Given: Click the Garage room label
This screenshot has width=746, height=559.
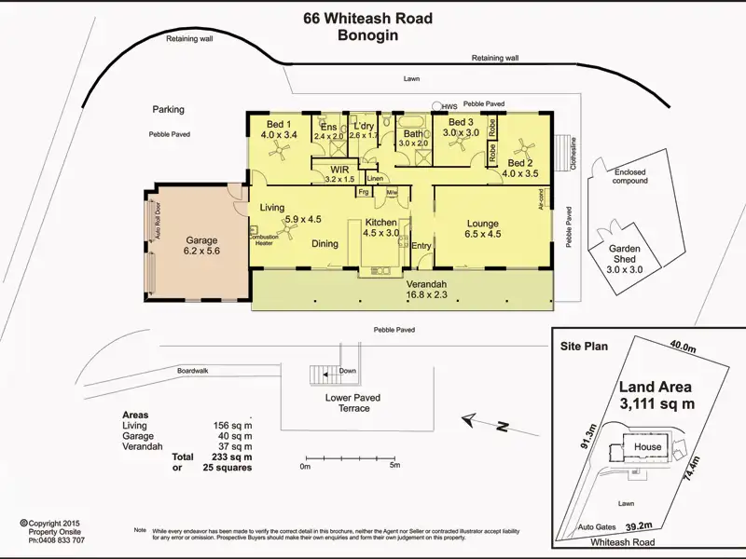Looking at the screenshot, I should [x=201, y=239].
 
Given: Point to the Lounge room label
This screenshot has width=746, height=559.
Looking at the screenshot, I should [x=482, y=224].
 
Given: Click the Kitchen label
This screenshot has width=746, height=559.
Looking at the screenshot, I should [x=381, y=223].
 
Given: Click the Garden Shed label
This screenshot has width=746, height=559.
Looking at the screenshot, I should [x=625, y=250].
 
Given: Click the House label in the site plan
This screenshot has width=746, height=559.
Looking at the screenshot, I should [x=647, y=446].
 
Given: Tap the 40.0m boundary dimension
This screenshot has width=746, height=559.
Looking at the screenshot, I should [x=684, y=348].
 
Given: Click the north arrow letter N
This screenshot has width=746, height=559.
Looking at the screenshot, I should [x=502, y=428].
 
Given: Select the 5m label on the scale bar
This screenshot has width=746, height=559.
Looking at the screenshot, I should [x=394, y=466].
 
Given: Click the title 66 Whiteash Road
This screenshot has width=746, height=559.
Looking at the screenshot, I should [x=367, y=19].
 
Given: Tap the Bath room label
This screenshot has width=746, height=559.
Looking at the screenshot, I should [x=413, y=133].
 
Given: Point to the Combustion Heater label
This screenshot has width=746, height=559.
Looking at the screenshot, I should [x=260, y=239].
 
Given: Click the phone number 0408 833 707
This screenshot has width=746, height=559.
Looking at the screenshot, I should [x=58, y=540].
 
